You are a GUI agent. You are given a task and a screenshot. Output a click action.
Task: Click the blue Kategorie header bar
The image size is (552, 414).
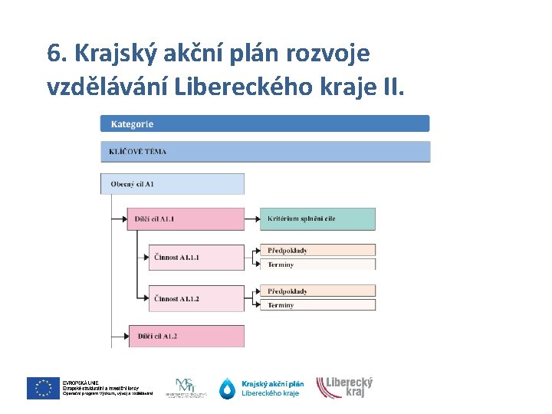click(x=264, y=123)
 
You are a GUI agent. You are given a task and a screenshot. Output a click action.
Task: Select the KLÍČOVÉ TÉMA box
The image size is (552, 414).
click(x=264, y=151)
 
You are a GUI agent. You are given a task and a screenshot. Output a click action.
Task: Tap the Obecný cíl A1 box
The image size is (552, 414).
click(x=172, y=184)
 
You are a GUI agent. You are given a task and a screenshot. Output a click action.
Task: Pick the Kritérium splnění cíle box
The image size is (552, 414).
click(x=317, y=219)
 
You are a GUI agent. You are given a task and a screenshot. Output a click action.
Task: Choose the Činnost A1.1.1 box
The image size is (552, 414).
click(x=196, y=258)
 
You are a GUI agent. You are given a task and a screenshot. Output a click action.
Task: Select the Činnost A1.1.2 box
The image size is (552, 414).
click(x=196, y=298)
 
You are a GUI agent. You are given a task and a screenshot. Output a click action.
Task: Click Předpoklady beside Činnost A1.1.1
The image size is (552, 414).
click(x=317, y=250)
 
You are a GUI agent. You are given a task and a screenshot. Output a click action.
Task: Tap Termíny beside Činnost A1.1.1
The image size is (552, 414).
click(x=317, y=264)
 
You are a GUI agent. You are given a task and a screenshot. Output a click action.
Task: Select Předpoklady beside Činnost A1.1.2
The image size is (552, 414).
click(x=317, y=291)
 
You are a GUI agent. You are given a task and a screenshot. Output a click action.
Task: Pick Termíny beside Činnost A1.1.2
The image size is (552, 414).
click(x=317, y=305)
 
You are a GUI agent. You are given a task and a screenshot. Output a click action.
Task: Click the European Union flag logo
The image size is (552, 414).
click(x=43, y=389)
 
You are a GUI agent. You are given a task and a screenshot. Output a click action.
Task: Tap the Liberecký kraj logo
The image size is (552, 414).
click(x=345, y=387)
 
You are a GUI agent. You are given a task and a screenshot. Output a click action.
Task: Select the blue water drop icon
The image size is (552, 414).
click(x=228, y=389)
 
